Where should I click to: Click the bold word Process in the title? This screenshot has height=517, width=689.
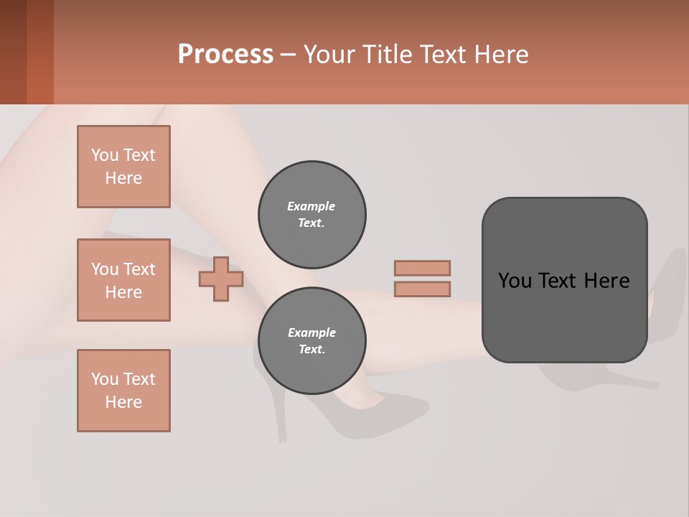click(225, 55)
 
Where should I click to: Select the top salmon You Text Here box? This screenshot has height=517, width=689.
click(123, 167)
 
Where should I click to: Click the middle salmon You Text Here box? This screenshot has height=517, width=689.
click(123, 280)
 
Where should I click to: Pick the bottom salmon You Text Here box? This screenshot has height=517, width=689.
click(123, 391)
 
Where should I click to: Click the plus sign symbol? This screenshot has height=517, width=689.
click(221, 279)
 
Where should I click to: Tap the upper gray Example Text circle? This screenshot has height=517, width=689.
click(311, 215)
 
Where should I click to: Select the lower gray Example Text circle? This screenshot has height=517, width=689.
click(311, 341)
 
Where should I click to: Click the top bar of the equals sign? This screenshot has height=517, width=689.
click(422, 268)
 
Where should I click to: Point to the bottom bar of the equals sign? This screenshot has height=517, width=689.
click(422, 289)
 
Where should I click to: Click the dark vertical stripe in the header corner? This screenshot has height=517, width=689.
click(39, 52)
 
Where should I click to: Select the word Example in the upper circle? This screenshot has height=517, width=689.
click(311, 206)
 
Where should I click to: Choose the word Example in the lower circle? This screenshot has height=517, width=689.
click(311, 332)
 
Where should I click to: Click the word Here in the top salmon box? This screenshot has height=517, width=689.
click(123, 178)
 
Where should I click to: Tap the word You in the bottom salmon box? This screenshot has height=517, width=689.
click(104, 379)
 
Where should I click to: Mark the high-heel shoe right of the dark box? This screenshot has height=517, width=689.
click(667, 287)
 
